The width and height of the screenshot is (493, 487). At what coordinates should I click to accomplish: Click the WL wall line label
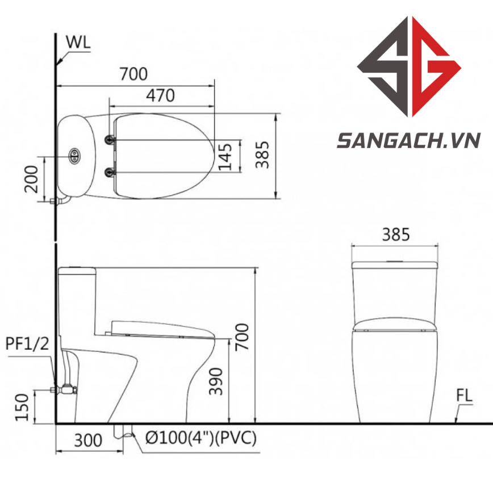[78, 43]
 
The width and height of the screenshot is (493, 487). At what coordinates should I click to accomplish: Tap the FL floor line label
[465, 396]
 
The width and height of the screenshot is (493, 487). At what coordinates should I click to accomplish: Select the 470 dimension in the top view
[160, 95]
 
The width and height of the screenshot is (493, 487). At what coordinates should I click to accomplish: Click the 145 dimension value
[225, 157]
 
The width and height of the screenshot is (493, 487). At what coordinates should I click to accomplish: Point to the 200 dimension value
[31, 179]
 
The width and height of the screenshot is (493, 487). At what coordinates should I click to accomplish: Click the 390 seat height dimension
[216, 381]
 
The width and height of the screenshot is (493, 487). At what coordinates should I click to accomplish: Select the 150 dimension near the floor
[22, 407]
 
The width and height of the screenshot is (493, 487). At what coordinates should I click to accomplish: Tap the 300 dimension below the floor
[88, 440]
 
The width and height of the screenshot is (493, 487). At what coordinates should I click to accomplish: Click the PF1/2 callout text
[27, 344]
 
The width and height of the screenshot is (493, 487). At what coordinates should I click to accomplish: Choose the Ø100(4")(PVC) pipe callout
[201, 438]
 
